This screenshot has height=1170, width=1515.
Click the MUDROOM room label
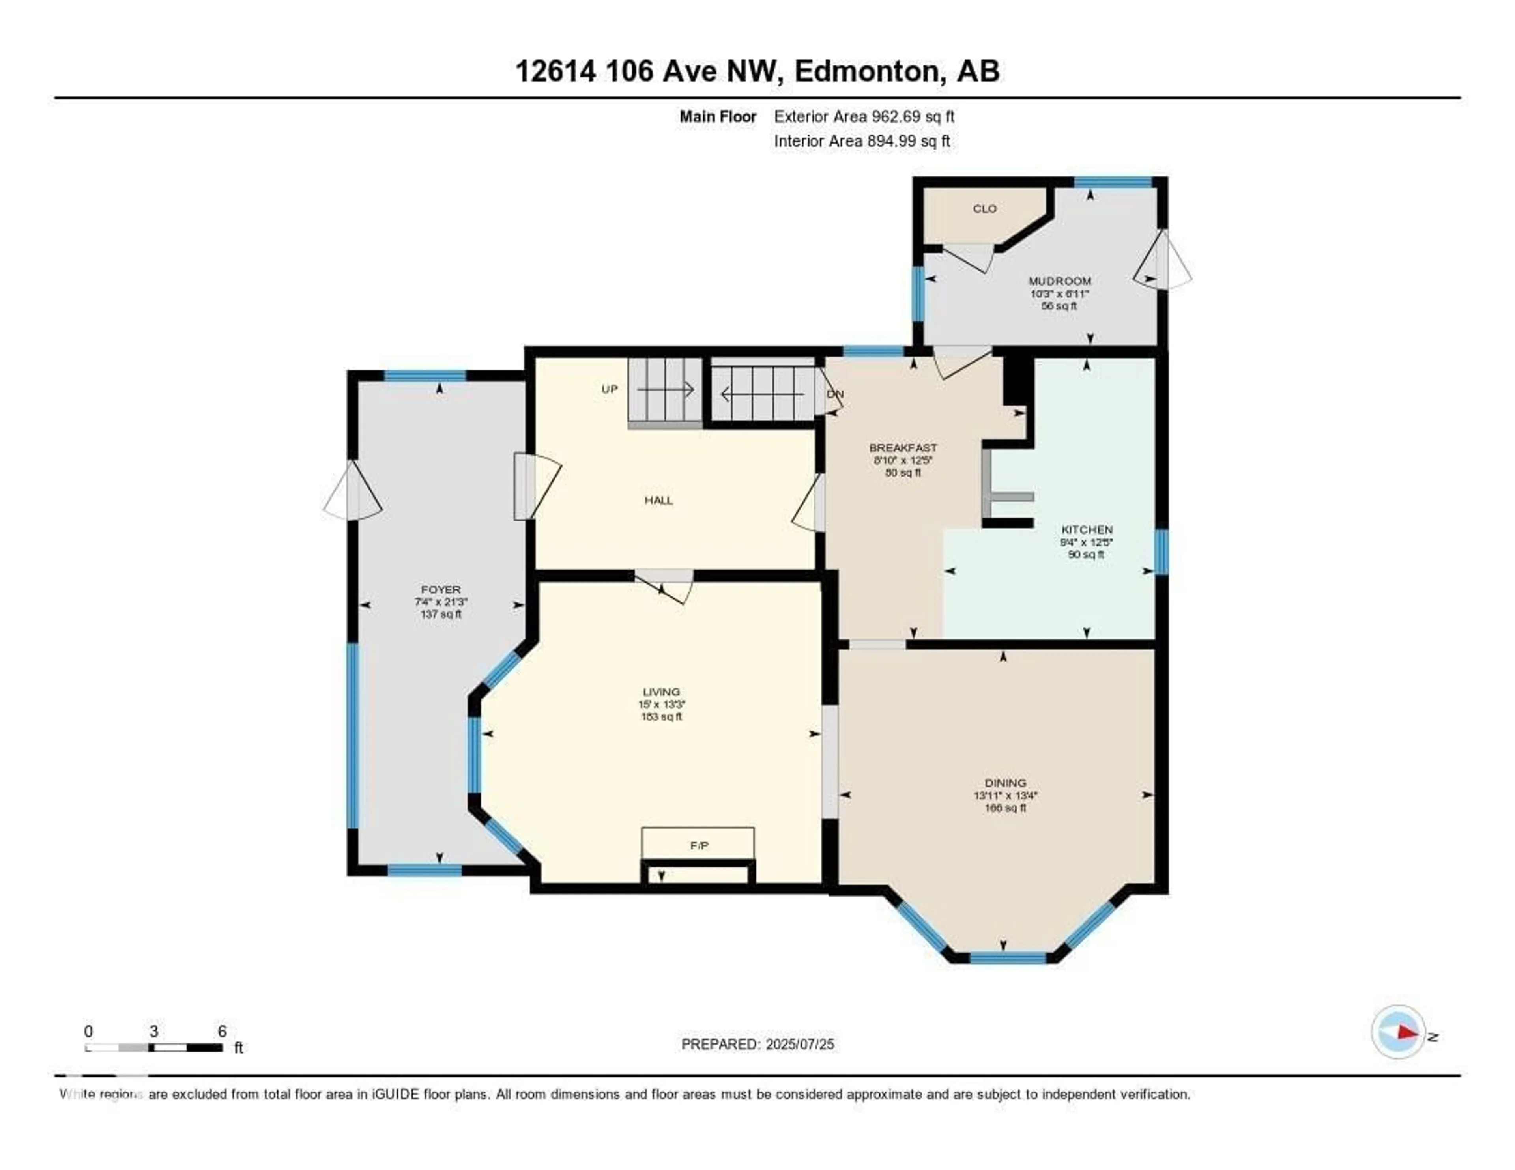tap(1059, 281)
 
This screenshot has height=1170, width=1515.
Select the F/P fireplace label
tap(699, 845)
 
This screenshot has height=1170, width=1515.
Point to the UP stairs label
tap(609, 389)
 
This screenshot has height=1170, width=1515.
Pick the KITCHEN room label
tap(1086, 529)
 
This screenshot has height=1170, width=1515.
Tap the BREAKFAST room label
tap(903, 448)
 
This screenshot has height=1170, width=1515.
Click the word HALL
tap(658, 500)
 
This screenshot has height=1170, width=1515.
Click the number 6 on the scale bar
tap(222, 1031)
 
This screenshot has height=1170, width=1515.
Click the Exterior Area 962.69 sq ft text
tap(864, 116)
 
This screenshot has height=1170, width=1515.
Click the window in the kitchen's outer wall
tap(1161, 551)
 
